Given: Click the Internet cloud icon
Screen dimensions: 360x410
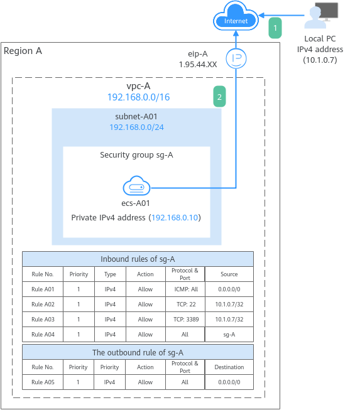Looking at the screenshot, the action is click(x=236, y=16).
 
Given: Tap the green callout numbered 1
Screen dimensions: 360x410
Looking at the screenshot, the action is click(x=275, y=28).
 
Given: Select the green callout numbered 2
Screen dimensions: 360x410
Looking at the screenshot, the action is click(x=219, y=97).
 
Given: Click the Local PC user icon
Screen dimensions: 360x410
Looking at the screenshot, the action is click(x=321, y=16).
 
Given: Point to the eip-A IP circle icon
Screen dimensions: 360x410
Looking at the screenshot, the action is click(x=236, y=58).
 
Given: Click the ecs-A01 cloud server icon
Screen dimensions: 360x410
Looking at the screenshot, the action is click(x=136, y=186).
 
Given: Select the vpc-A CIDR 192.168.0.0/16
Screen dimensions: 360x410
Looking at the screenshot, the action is click(x=139, y=97).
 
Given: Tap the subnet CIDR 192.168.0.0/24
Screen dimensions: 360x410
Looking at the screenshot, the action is click(x=136, y=127).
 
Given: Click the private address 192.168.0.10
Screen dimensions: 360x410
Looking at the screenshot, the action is click(x=175, y=217).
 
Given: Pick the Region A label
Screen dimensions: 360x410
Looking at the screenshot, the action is click(x=23, y=51).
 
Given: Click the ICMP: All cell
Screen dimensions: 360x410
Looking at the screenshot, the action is click(x=186, y=289).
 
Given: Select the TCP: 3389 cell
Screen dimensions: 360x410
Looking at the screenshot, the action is click(x=186, y=319).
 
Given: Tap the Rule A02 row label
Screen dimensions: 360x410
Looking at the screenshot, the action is click(x=43, y=305).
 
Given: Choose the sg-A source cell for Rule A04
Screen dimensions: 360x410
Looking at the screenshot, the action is click(x=229, y=335).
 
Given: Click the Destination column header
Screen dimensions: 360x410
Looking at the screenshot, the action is click(x=229, y=367).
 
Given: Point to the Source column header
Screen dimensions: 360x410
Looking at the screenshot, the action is click(x=229, y=274).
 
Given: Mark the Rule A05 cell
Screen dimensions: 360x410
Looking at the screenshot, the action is click(x=43, y=382).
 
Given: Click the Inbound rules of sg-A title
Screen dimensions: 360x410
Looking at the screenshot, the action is click(x=138, y=259).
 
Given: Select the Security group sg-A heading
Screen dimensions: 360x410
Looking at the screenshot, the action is click(x=136, y=155).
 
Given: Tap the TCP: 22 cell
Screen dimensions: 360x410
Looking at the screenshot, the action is click(x=186, y=305).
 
